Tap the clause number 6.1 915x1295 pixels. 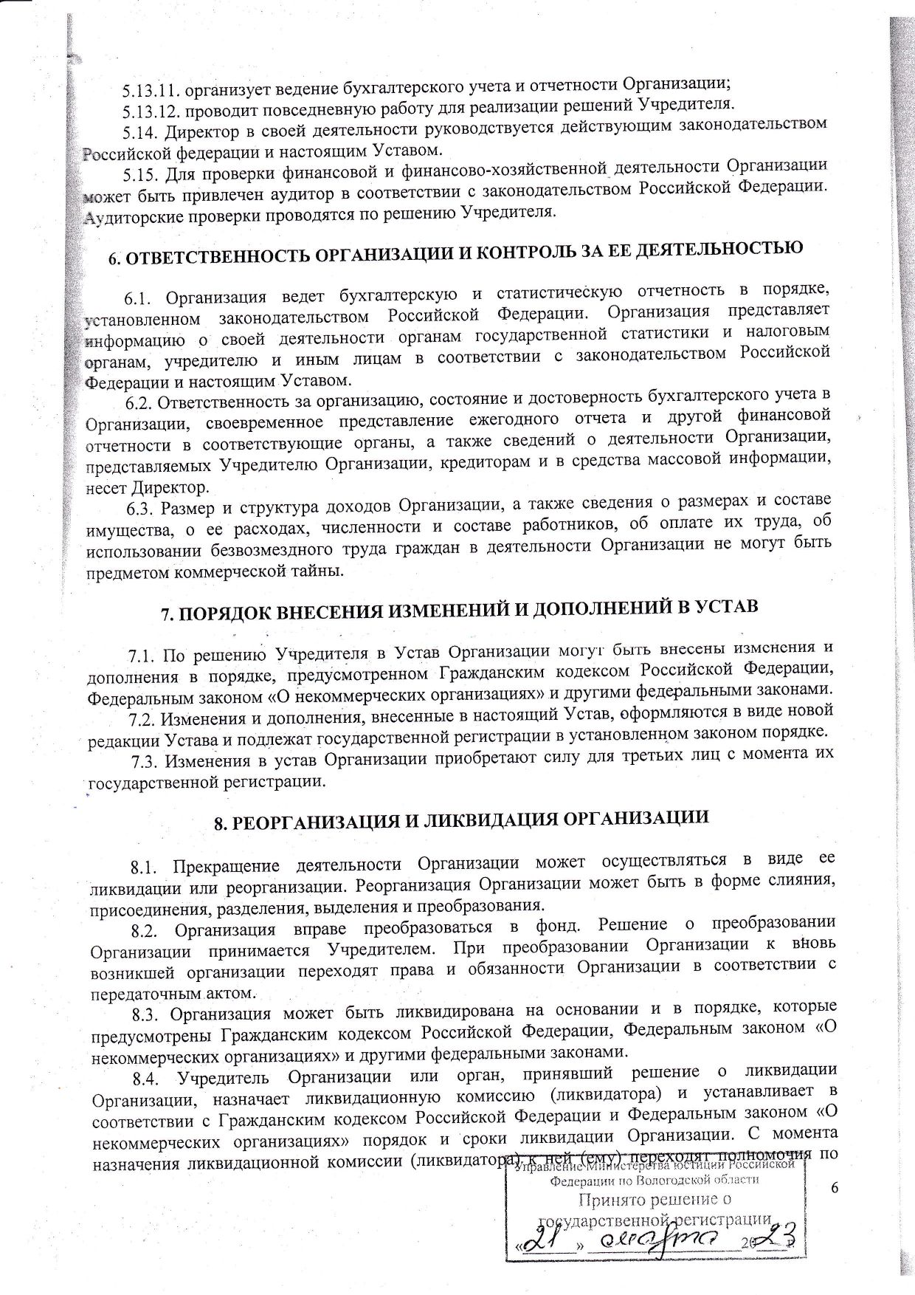pyautogui.click(x=138, y=299)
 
